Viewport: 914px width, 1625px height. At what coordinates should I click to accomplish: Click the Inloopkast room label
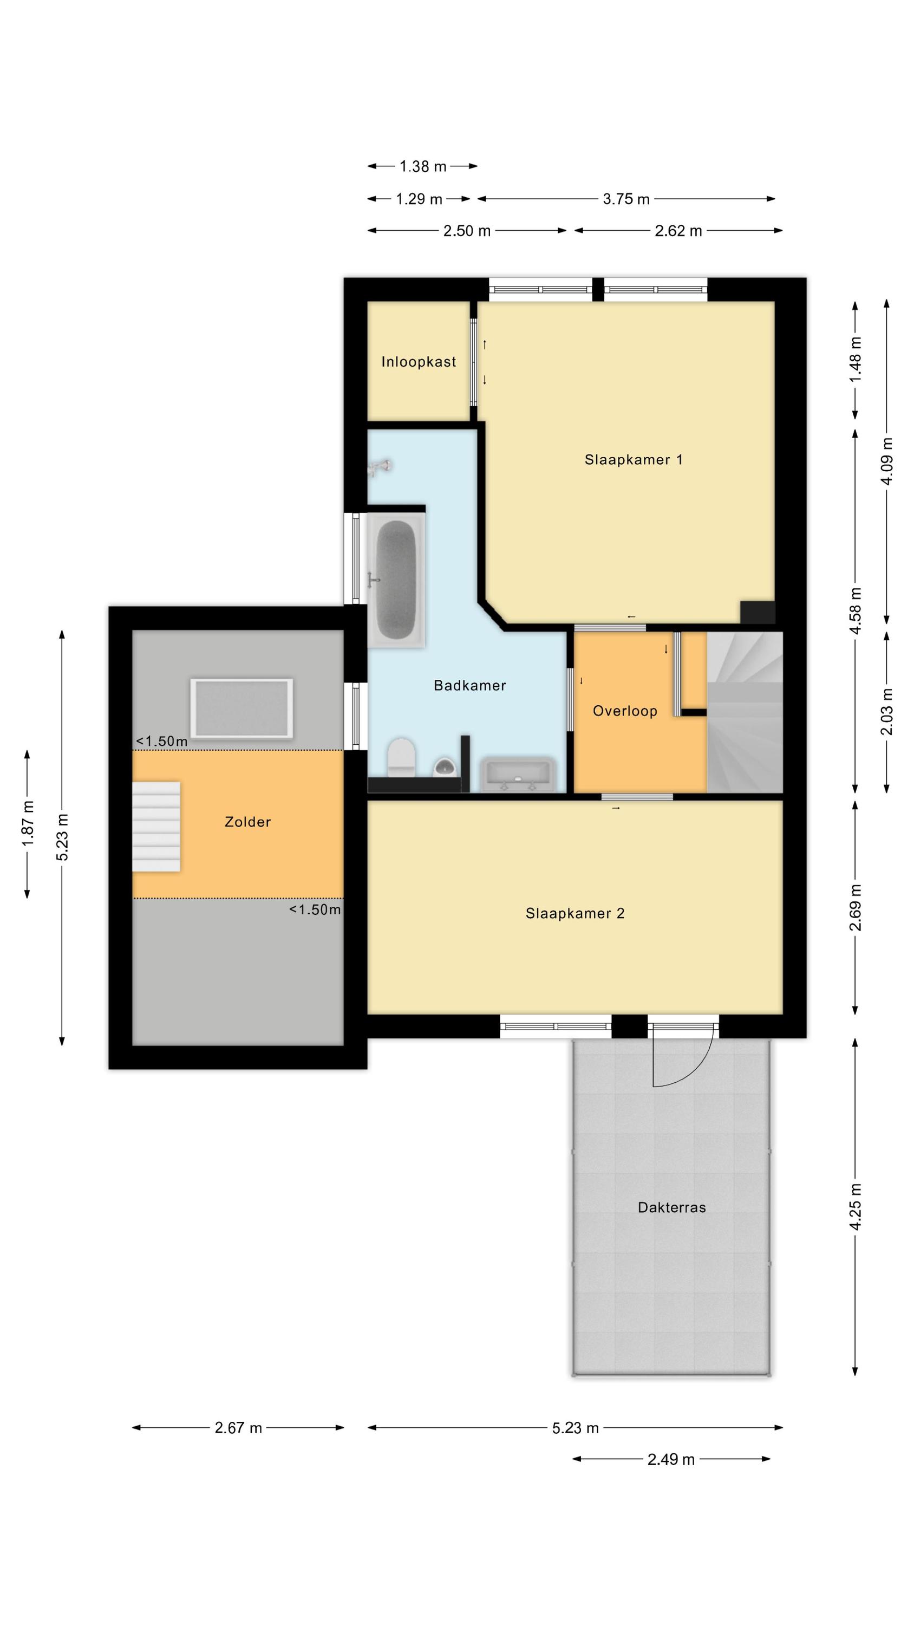[418, 361]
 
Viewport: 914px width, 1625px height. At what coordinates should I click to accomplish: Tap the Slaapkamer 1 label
[634, 459]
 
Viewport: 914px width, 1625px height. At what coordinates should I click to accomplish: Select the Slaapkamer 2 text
[574, 913]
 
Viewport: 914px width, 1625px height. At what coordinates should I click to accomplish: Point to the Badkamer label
[470, 685]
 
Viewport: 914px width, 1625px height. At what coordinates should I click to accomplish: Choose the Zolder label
[248, 821]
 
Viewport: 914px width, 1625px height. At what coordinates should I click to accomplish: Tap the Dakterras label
[672, 1207]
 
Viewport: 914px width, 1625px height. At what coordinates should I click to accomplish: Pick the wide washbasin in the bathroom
[517, 773]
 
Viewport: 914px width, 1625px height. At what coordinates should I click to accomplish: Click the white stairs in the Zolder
[156, 827]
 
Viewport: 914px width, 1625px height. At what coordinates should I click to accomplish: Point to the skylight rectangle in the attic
[241, 708]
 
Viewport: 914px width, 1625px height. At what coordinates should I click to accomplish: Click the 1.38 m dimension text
[423, 166]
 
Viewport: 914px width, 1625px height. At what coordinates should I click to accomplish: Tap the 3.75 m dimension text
[626, 199]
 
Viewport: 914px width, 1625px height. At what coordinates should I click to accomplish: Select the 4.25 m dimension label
[856, 1207]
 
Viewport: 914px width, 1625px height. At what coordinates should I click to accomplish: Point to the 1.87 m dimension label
[27, 824]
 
